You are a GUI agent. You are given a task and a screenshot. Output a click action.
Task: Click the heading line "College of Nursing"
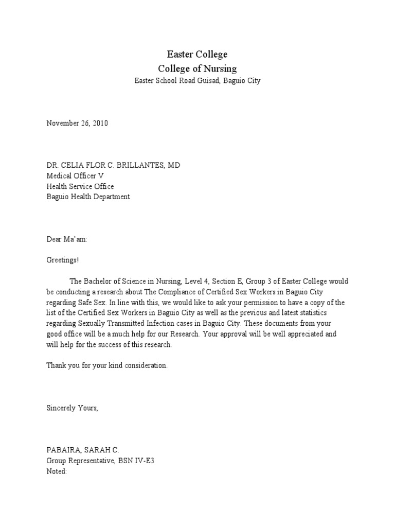coord(197,68)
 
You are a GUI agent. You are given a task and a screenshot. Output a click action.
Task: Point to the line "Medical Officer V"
coord(75,175)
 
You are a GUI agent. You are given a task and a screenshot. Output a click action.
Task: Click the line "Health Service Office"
coord(80,186)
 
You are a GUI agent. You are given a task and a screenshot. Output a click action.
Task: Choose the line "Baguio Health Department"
coord(88,197)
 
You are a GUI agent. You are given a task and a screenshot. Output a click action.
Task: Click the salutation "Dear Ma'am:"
coord(67,239)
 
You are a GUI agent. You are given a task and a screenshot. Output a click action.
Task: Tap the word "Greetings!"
coord(63,260)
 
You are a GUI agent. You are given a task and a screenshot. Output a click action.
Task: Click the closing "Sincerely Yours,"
coord(71,408)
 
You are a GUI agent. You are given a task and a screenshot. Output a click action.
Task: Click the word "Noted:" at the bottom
coord(57,471)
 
